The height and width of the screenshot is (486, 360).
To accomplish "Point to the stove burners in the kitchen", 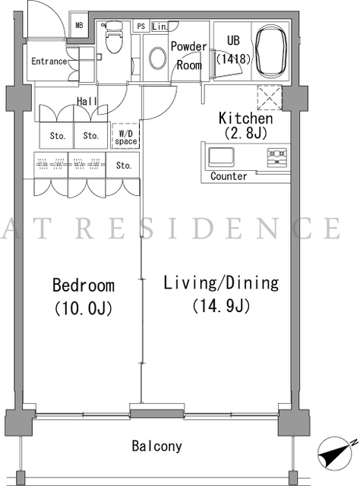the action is point(277,157).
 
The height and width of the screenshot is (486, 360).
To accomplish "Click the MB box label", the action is point(80,25).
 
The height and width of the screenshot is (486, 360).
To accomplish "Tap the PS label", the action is point(141,26).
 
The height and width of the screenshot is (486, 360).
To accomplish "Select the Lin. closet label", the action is point(159,27).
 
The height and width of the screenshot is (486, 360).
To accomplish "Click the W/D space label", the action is point(125,137).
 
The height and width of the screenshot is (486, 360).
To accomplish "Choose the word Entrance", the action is point(49,61).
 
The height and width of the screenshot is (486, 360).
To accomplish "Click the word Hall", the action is point(87,101).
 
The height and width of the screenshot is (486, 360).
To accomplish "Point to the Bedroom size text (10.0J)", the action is point(84,308).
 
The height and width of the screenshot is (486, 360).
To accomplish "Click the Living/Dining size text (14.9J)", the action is point(221,306).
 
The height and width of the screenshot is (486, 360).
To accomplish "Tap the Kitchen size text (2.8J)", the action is point(245,133).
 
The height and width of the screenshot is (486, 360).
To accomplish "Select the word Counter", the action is point(229,176).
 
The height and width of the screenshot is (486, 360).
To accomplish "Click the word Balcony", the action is point(157,446).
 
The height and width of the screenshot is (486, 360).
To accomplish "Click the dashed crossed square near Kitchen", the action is point(270,98).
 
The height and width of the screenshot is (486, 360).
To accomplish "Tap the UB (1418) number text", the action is point(233,58).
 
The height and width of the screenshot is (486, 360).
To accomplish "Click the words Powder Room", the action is point(189,55).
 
